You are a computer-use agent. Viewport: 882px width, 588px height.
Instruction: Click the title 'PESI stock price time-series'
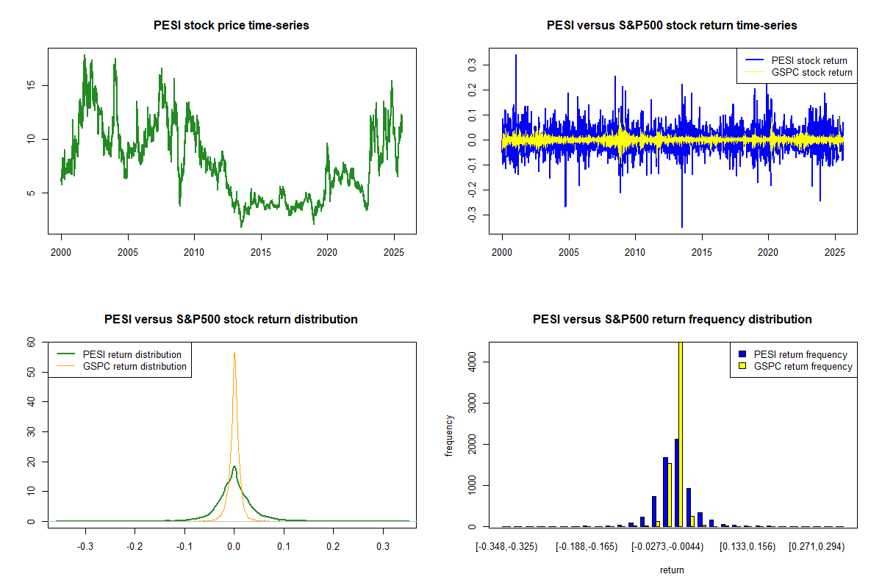(232, 26)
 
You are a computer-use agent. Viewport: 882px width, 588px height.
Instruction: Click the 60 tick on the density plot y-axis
(32, 342)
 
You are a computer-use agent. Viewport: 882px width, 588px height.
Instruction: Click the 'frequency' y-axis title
(449, 435)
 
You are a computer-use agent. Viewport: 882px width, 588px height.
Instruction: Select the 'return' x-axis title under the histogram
(672, 570)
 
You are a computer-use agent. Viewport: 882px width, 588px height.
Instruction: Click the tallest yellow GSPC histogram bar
(681, 434)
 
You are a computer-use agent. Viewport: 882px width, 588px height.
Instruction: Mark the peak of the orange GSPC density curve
(234, 354)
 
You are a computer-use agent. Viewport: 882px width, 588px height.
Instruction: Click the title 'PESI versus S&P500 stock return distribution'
(232, 320)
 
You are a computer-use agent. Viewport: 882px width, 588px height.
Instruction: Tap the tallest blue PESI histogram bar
(676, 483)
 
